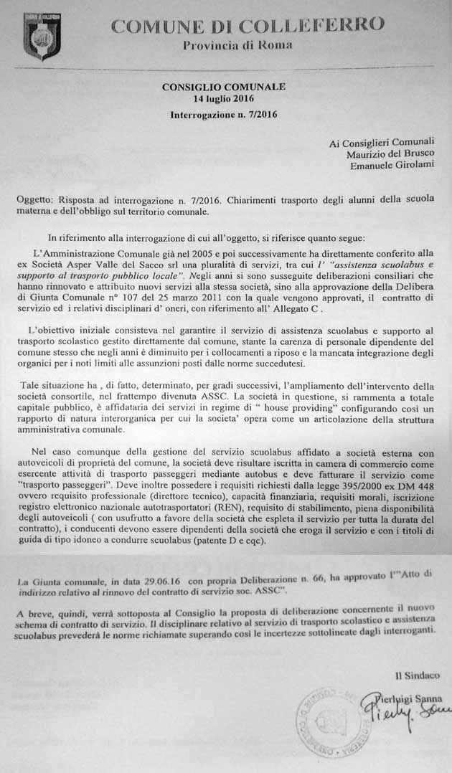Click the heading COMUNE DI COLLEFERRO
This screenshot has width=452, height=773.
pos(248,27)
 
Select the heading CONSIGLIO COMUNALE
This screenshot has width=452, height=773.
pos(224,87)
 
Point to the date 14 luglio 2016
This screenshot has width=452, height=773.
pos(224,98)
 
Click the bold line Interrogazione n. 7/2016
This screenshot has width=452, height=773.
pos(224,114)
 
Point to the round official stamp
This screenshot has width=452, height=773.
pos(330,718)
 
